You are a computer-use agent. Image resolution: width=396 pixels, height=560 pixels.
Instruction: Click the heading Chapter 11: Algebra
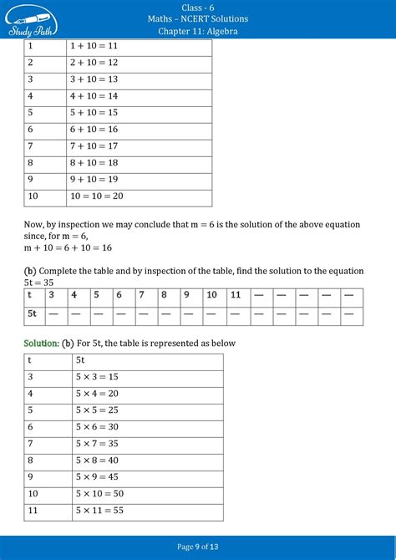197,31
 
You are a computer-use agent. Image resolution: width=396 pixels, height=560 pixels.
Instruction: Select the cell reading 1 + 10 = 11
96,47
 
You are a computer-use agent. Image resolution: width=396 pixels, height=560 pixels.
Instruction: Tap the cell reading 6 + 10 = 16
96,129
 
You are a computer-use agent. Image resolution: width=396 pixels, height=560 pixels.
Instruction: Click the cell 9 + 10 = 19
96,179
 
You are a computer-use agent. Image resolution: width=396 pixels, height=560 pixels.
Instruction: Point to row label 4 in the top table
30,96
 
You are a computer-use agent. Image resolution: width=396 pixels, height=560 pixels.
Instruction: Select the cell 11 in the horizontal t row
236,295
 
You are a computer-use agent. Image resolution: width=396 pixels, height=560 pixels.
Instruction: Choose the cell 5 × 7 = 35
97,444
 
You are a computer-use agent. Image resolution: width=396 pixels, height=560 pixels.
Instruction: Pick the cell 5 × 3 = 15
97,377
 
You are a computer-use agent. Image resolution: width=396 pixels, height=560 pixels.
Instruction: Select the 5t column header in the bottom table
80,360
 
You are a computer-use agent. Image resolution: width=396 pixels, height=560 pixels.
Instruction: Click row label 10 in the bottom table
33,494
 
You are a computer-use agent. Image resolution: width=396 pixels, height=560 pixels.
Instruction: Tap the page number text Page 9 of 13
198,547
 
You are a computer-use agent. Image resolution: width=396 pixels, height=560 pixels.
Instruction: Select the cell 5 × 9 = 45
97,477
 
